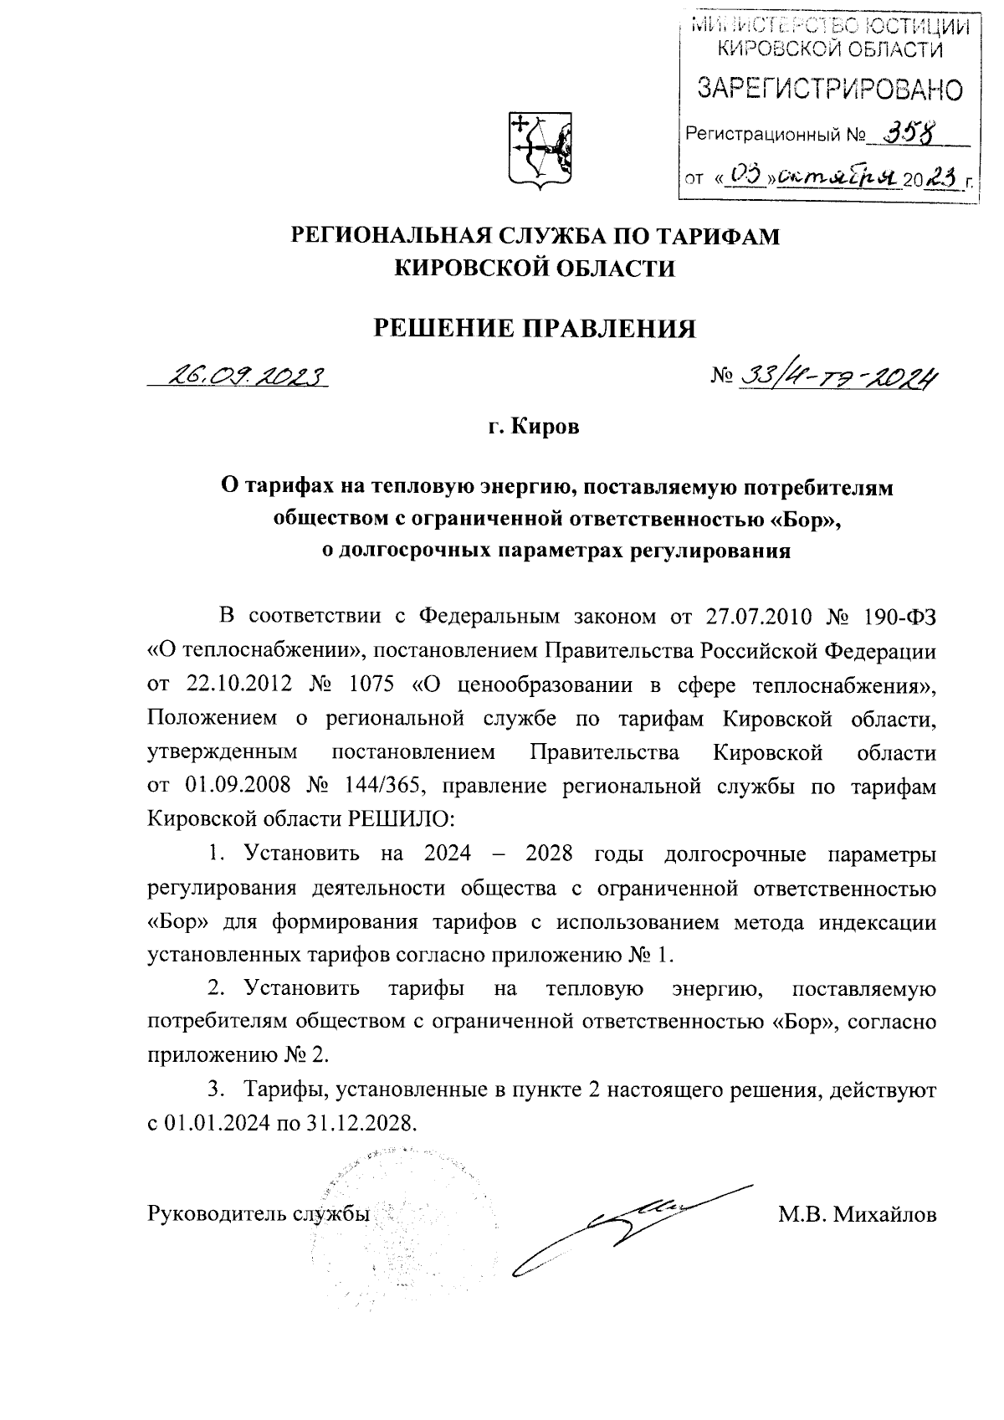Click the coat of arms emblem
[540, 149]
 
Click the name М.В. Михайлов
[857, 1214]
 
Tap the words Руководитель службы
[259, 1214]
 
